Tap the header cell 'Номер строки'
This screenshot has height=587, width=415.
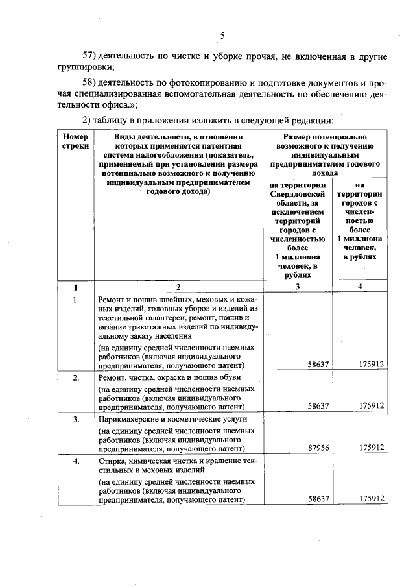click(75, 142)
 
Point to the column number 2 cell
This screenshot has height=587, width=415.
click(178, 287)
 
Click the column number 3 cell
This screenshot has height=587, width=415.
click(298, 287)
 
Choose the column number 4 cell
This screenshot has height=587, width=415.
click(360, 287)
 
